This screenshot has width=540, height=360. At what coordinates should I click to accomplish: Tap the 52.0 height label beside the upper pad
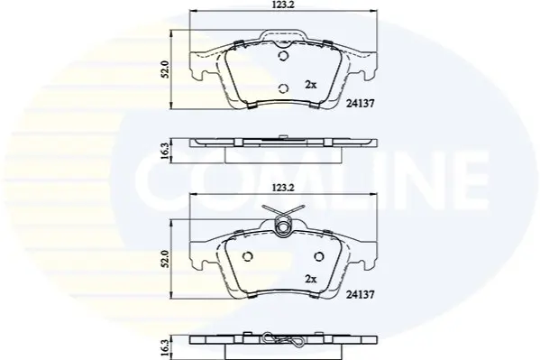pyautogui.click(x=165, y=69)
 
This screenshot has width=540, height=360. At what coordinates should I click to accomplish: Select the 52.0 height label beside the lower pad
pyautogui.click(x=165, y=259)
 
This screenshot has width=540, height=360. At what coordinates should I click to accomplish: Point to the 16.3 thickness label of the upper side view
pyautogui.click(x=165, y=151)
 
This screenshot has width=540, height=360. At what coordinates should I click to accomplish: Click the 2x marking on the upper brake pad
pyautogui.click(x=310, y=85)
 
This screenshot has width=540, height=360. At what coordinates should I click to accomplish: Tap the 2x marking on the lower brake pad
pyautogui.click(x=310, y=279)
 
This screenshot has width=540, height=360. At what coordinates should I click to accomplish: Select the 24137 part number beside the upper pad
pyautogui.click(x=360, y=103)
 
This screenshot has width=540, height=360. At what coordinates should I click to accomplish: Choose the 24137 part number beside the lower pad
pyautogui.click(x=360, y=294)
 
